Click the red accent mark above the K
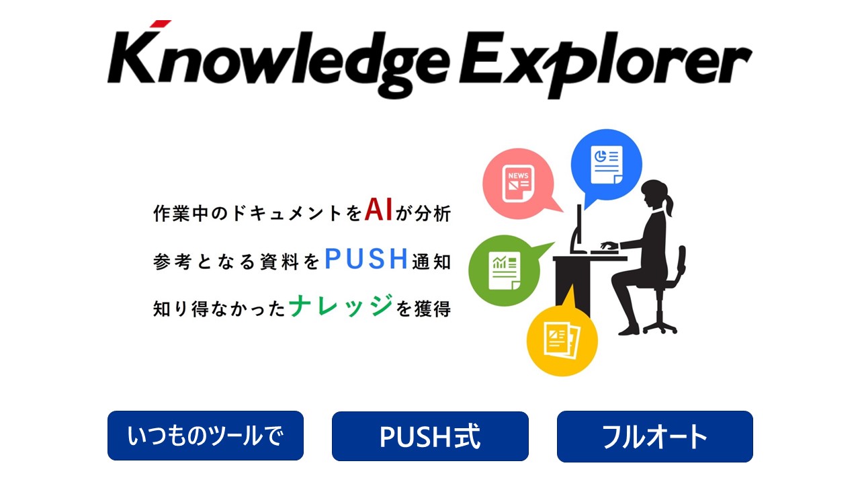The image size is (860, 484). coord(161,24)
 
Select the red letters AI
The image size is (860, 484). coord(378,209)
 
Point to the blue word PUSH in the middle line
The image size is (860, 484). coord(366,258)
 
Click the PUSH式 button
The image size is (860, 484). coord(430,436)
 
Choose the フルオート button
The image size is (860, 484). coord(655,436)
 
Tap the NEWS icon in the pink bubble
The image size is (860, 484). coord(518,184)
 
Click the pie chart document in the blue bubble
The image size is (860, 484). coord(607,165)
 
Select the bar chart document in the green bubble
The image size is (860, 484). coord(505,270)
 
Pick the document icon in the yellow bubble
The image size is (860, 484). coord(562,340)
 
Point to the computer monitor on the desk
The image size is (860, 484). coord(577,229)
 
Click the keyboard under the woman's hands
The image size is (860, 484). coord(604,252)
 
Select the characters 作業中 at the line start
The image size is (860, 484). coord(181,214)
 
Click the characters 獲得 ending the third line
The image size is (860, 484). coord(432,309)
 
